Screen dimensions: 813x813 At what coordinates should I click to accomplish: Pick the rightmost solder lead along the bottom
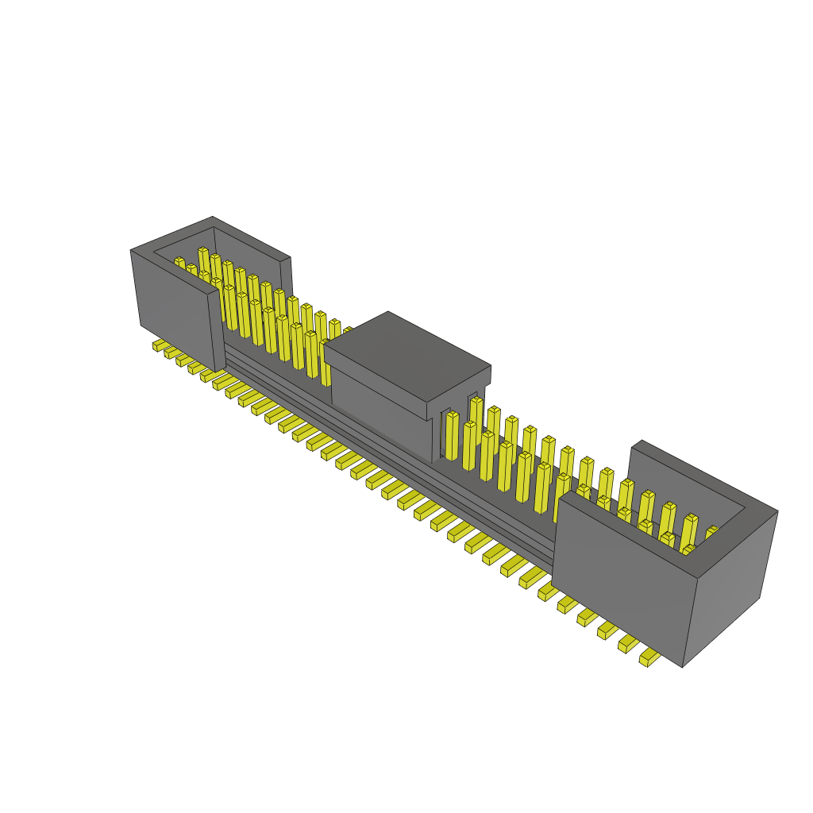[649, 657]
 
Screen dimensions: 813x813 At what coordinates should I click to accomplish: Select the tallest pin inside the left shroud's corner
[203, 262]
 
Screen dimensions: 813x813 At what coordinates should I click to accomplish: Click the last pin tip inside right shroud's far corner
[712, 530]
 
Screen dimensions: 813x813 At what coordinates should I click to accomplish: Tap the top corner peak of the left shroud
[212, 218]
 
